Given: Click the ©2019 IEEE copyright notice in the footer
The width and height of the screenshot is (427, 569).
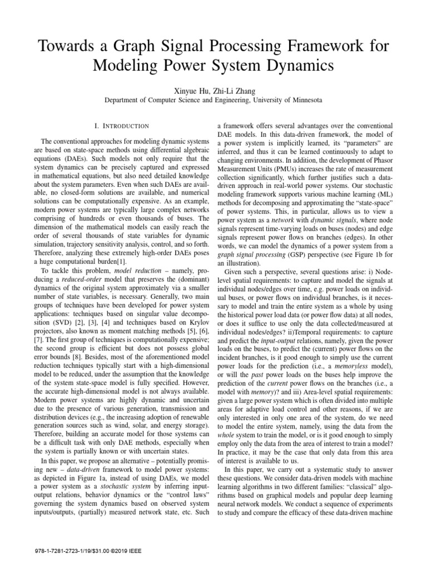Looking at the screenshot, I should click(x=122, y=557).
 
